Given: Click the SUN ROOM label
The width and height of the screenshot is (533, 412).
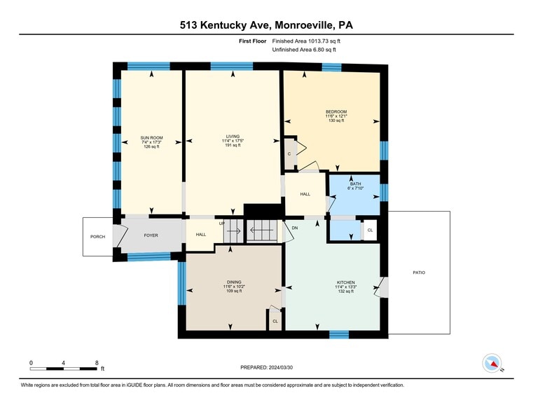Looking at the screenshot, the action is (151, 137).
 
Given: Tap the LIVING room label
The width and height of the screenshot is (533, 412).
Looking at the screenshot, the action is (233, 137).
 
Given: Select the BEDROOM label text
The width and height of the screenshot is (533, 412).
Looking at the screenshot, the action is (336, 112).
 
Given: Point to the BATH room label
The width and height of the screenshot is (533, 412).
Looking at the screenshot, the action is (356, 184).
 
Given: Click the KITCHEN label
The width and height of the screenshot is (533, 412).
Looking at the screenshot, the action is (346, 282).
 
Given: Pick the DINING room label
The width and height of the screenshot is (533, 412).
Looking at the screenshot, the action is (234, 282).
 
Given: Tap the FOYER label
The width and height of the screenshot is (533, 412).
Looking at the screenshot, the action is (151, 235).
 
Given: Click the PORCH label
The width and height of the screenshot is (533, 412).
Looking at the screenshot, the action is (97, 237).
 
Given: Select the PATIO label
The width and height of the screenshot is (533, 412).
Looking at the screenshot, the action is (419, 273).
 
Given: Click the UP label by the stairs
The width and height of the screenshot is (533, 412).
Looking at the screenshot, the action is (221, 224).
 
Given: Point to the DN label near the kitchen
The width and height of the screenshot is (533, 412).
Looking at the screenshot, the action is (295, 228).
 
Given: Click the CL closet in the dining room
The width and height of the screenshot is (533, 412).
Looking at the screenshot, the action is (275, 321).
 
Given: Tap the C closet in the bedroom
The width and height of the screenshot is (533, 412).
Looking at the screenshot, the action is (289, 154).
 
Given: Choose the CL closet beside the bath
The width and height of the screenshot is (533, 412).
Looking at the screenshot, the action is (371, 230).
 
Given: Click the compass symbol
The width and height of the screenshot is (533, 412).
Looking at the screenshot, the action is (492, 363).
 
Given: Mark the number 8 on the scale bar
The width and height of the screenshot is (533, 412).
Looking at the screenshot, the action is (97, 363).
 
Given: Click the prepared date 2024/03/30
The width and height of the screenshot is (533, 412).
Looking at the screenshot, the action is (281, 367).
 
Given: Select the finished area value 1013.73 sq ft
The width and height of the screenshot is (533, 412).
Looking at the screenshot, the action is (324, 41).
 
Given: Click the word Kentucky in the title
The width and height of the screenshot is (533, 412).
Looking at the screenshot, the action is (220, 25).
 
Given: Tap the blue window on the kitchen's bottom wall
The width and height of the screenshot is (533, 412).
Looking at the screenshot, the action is (339, 334).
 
